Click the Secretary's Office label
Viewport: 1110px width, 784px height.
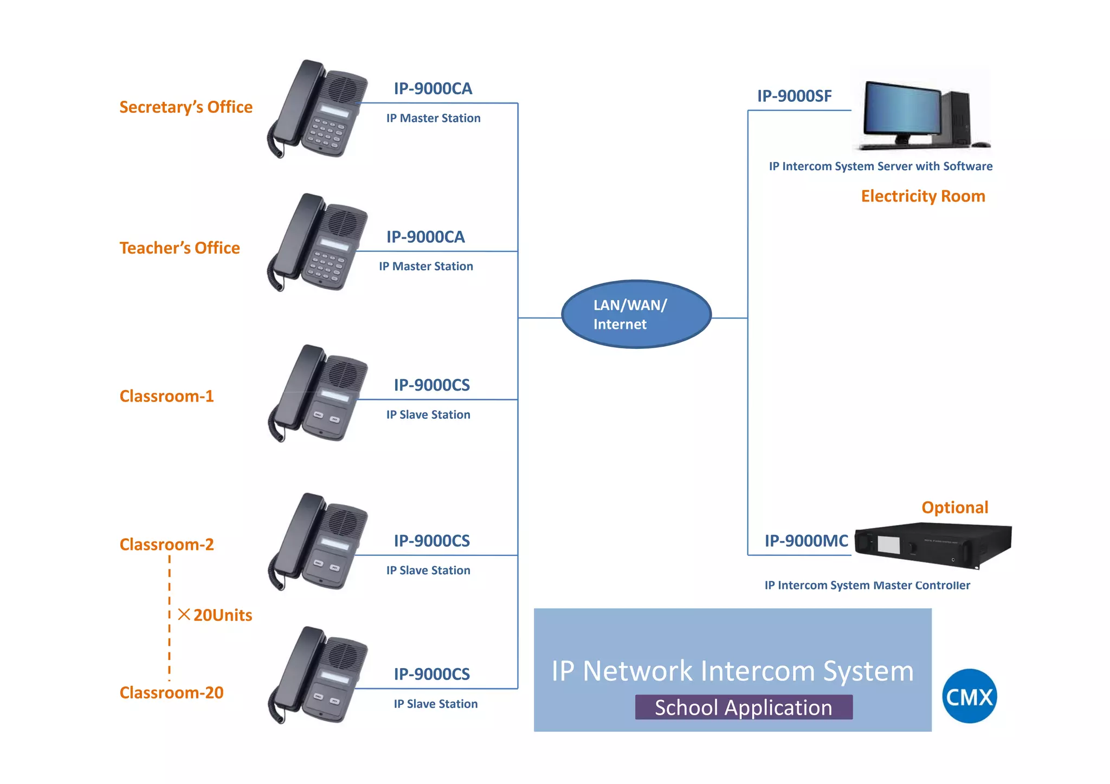pyautogui.click(x=186, y=107)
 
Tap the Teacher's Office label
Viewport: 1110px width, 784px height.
pyautogui.click(x=179, y=248)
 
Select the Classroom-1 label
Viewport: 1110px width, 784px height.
pyautogui.click(x=166, y=396)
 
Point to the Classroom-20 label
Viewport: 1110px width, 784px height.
pyautogui.click(x=171, y=692)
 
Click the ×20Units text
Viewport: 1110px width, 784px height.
pyautogui.click(x=216, y=615)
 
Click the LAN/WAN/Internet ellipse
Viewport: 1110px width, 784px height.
pyautogui.click(x=636, y=314)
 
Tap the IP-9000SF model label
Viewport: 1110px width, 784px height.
pyautogui.click(x=794, y=96)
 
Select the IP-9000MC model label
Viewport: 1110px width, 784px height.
pyautogui.click(x=806, y=541)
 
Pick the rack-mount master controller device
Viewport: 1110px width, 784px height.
pyautogui.click(x=932, y=545)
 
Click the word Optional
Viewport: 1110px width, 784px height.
pyautogui.click(x=954, y=507)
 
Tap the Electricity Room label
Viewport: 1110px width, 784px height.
pyautogui.click(x=922, y=196)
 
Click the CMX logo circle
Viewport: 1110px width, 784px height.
pyautogui.click(x=969, y=696)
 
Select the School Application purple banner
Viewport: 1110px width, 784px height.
pyautogui.click(x=743, y=707)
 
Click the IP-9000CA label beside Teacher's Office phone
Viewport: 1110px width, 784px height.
pyautogui.click(x=425, y=237)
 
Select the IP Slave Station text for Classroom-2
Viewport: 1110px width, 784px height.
pyautogui.click(x=428, y=570)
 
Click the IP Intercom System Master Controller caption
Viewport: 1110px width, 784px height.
pyautogui.click(x=867, y=585)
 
